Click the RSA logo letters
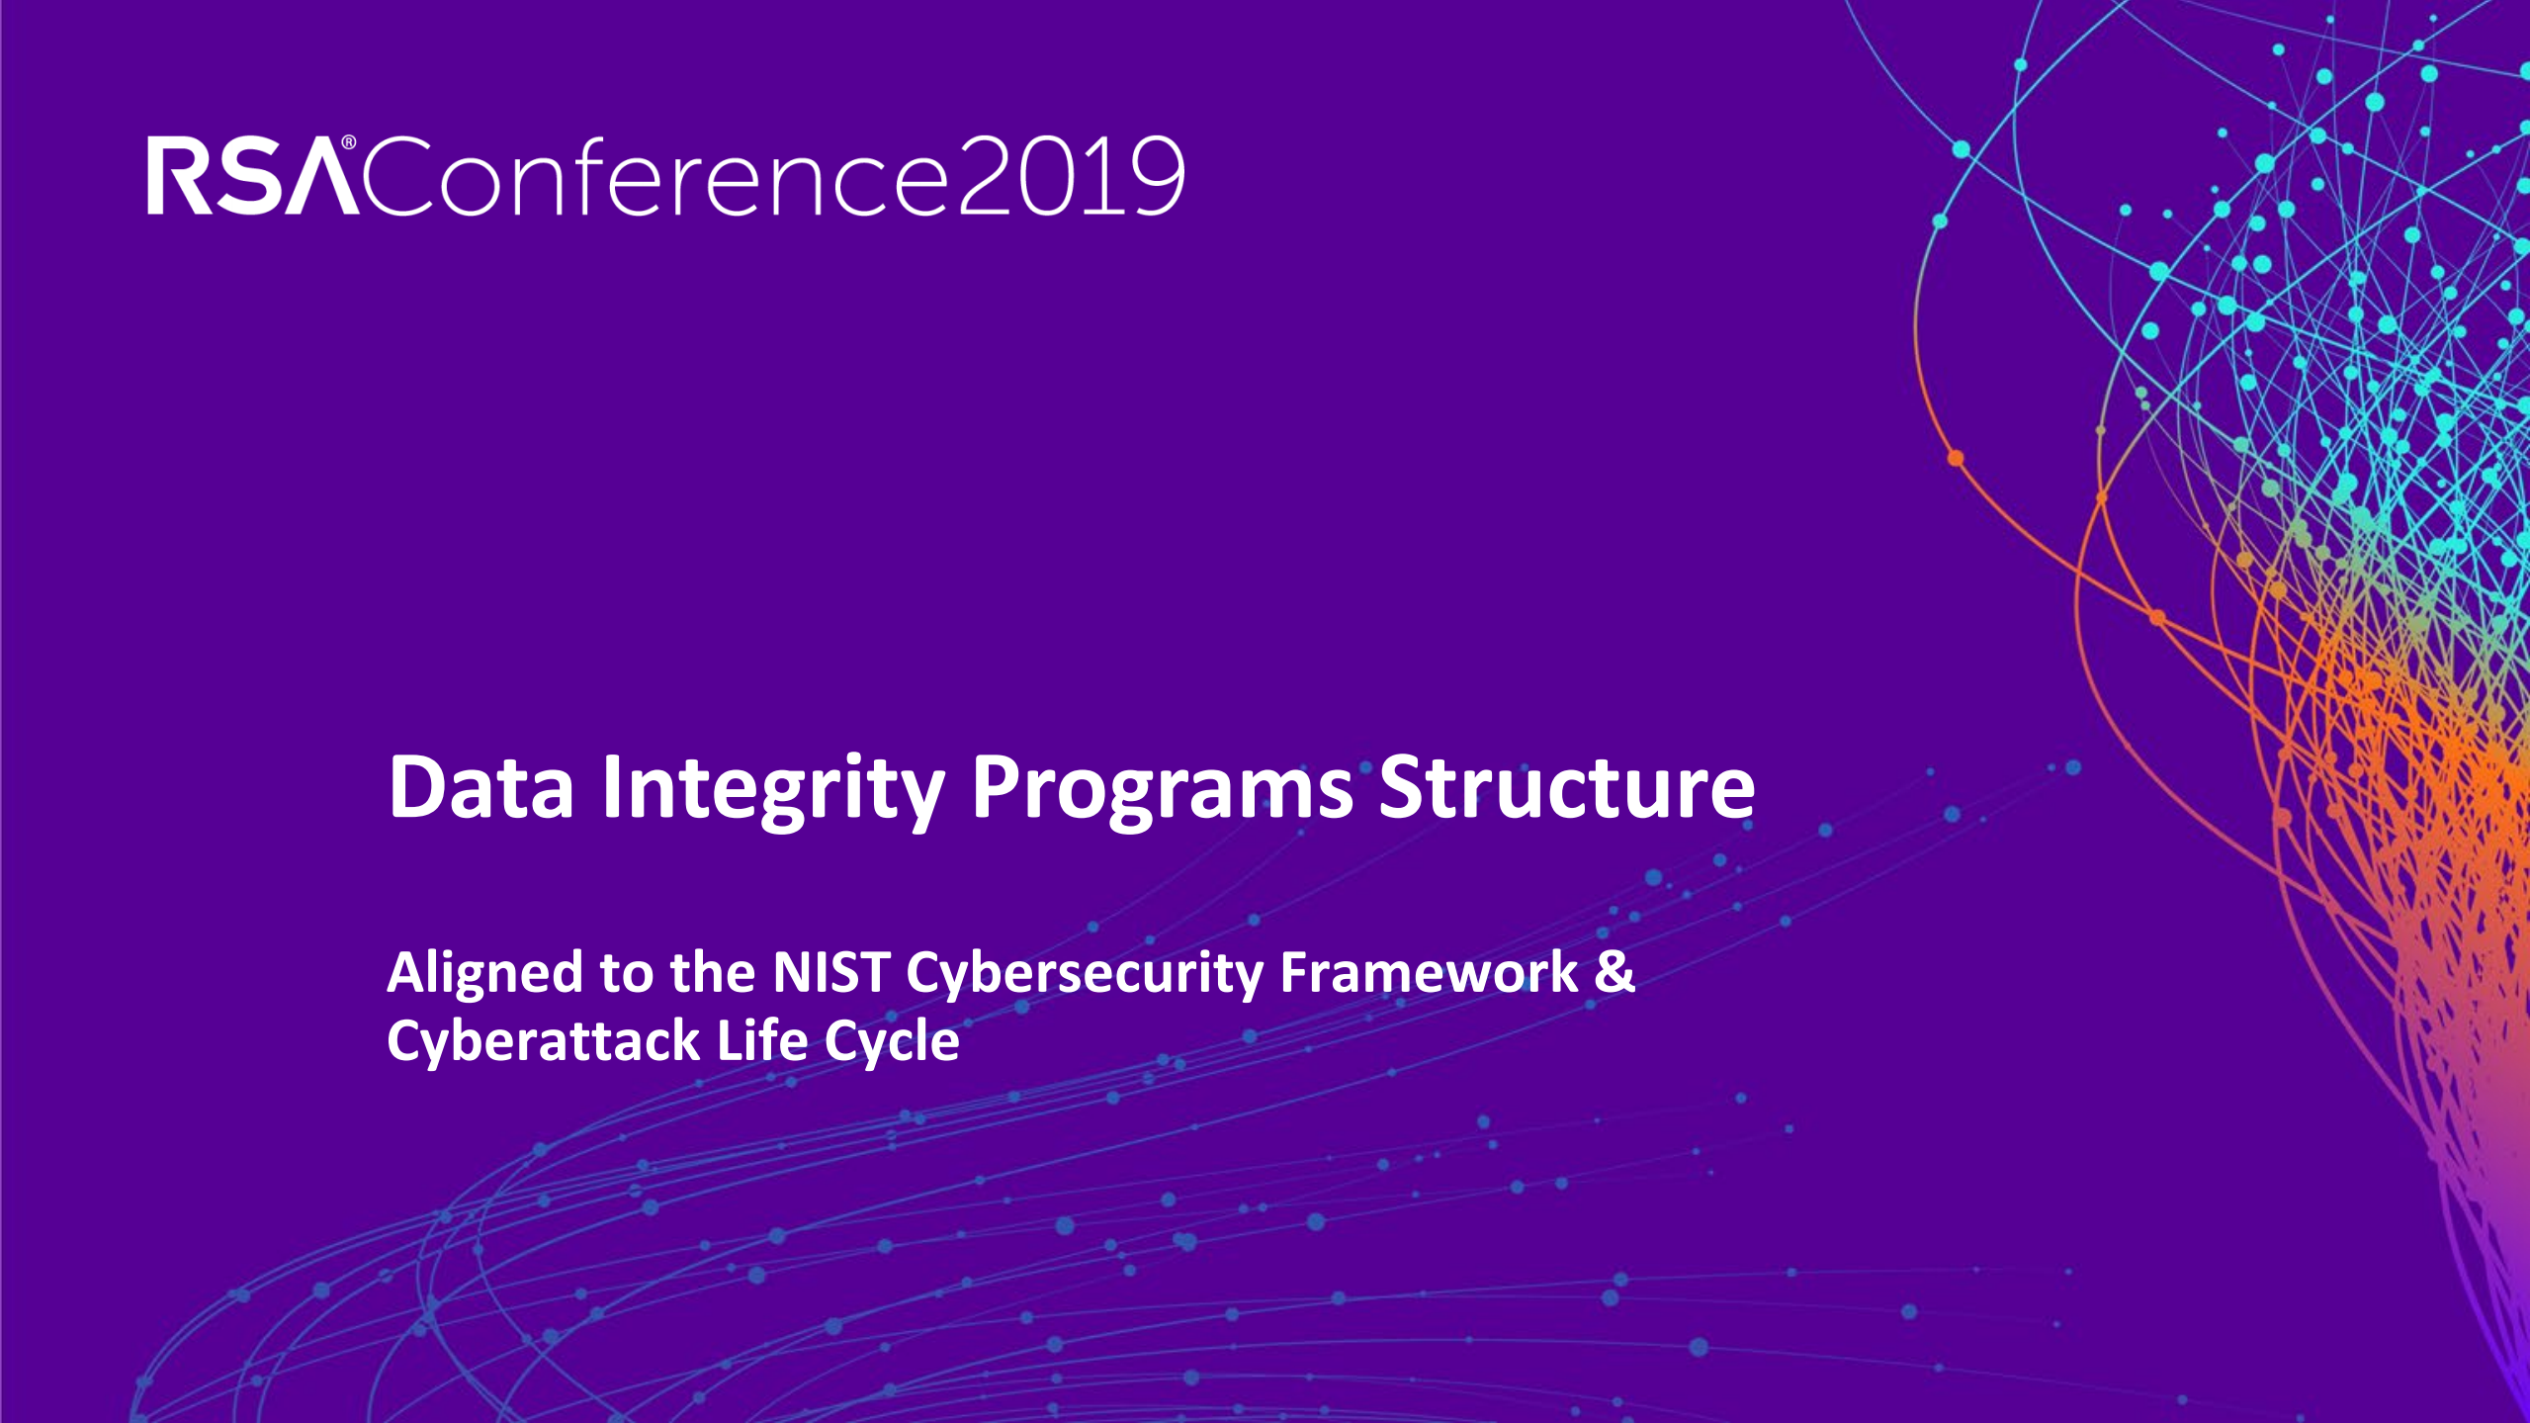pos(253,176)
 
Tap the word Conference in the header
pos(656,175)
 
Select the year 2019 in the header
pos(1071,176)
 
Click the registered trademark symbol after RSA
pos(348,143)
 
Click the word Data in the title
pos(481,787)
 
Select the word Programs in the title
pos(1163,792)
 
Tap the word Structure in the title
pos(1567,787)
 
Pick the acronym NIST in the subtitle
pos(830,972)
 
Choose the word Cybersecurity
pos(1085,975)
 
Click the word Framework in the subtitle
pos(1429,971)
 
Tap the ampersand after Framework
pos(1615,971)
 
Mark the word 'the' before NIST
pos(712,972)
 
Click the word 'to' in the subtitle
pos(627,975)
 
